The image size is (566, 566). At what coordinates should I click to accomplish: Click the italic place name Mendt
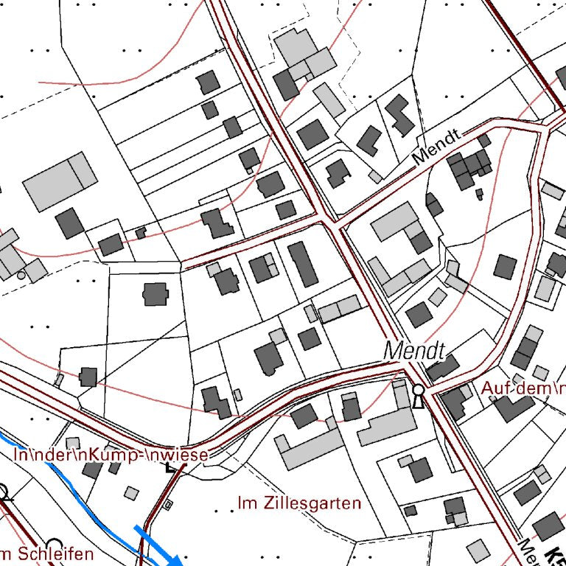click(415, 349)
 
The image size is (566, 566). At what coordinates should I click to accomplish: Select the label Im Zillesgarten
click(299, 503)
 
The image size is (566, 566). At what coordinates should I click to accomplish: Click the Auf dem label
click(522, 388)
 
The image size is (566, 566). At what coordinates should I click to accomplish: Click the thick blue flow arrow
click(158, 545)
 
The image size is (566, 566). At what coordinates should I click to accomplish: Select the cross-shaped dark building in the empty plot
click(155, 294)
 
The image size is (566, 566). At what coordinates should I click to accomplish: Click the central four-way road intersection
click(329, 220)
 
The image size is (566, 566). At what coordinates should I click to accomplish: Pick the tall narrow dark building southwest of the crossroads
click(302, 264)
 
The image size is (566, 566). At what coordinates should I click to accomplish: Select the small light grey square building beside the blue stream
click(130, 492)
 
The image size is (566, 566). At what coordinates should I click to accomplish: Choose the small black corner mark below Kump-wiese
click(172, 467)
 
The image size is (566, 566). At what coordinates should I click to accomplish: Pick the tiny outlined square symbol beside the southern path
click(169, 505)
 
